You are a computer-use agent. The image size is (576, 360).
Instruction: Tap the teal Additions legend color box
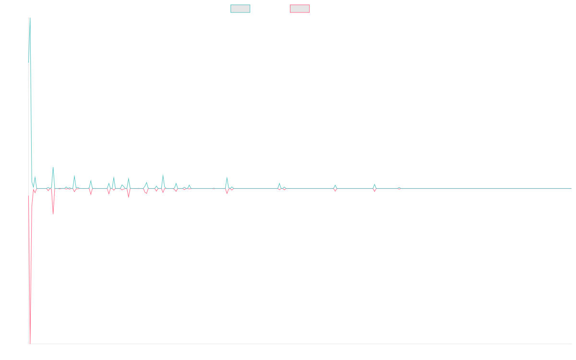pyautogui.click(x=240, y=9)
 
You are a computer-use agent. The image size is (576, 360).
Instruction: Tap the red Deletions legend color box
pyautogui.click(x=300, y=9)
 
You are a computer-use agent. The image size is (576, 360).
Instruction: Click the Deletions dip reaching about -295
pyautogui.click(x=53, y=214)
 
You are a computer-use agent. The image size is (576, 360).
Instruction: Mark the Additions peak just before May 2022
pyautogui.click(x=227, y=177)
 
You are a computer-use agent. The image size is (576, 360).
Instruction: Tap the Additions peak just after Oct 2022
pyautogui.click(x=279, y=183)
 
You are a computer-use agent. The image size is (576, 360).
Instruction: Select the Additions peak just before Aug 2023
pyautogui.click(x=335, y=185)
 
